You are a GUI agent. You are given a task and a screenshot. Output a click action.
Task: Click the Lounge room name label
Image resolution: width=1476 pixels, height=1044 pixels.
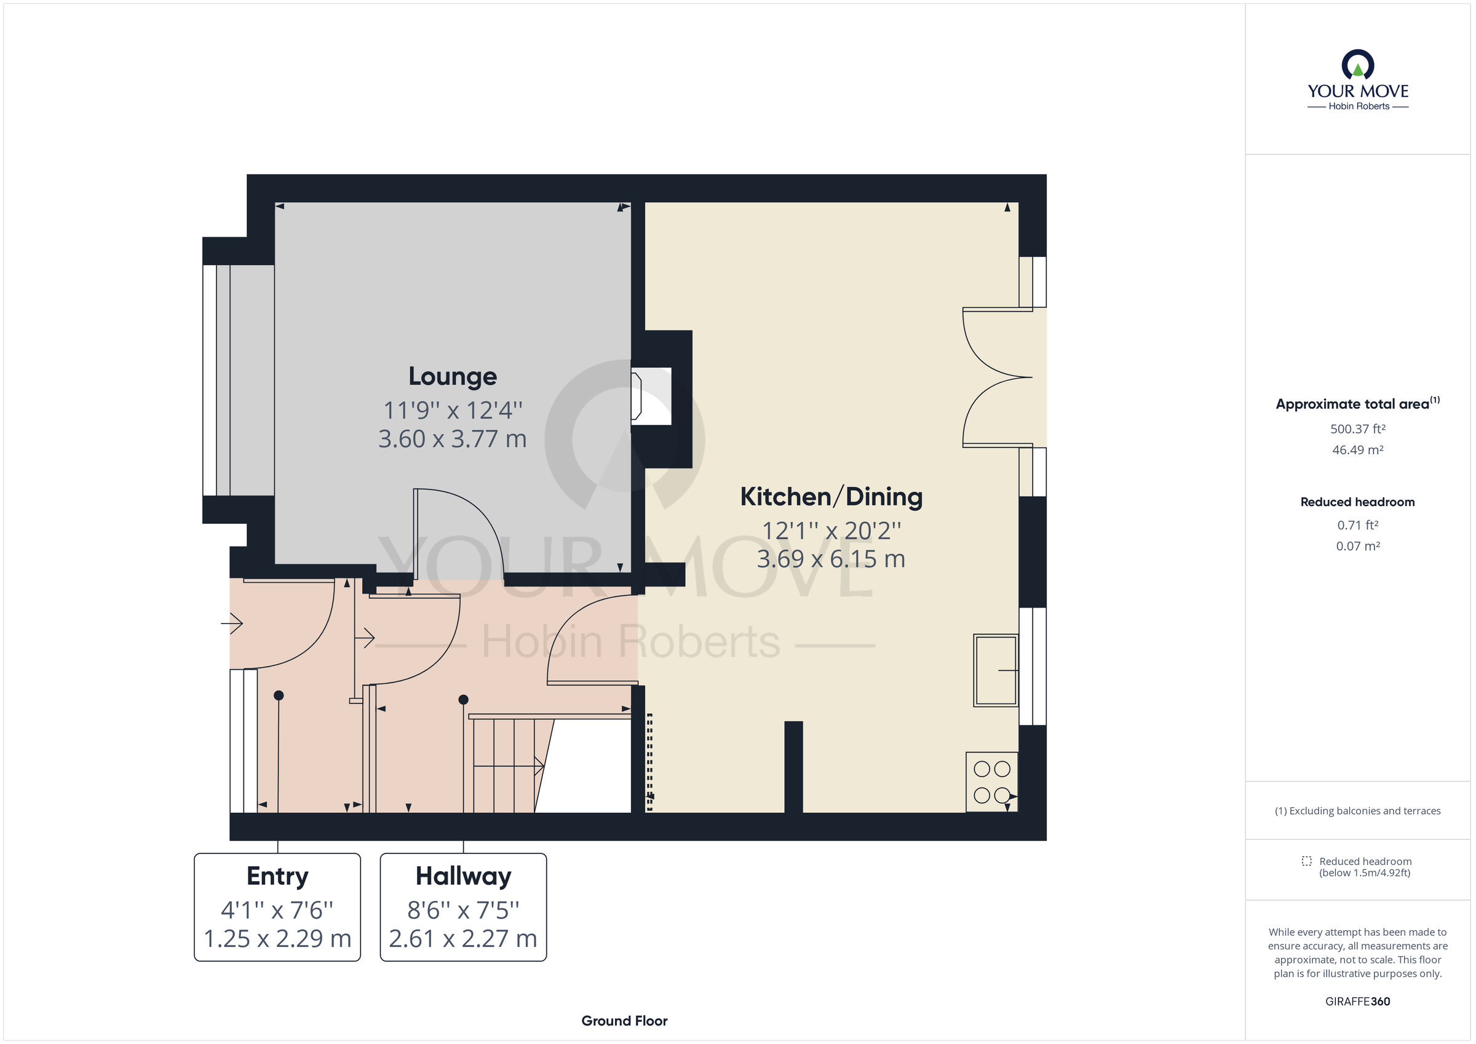click(x=453, y=377)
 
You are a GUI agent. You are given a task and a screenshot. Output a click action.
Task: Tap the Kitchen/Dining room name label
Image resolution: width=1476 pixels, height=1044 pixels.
click(x=831, y=497)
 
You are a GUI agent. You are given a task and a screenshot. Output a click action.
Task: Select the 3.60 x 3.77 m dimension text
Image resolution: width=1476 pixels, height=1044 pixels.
click(x=453, y=439)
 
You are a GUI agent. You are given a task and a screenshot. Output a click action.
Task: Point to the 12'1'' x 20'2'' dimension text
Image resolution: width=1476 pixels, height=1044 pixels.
click(x=831, y=531)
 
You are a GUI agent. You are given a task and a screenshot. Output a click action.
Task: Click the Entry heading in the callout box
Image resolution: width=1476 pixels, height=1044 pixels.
click(x=277, y=876)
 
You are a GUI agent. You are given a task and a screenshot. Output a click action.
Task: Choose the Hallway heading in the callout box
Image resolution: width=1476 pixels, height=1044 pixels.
click(x=463, y=876)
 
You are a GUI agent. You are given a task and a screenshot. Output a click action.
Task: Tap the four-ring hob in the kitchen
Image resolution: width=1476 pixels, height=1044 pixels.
click(x=991, y=781)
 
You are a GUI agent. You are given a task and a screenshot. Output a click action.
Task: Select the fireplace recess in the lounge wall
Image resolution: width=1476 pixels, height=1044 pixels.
click(x=652, y=396)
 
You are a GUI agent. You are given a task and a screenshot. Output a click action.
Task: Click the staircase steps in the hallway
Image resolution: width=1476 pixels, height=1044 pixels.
click(x=505, y=765)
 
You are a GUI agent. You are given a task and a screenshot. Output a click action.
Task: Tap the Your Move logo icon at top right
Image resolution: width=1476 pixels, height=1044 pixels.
click(x=1358, y=66)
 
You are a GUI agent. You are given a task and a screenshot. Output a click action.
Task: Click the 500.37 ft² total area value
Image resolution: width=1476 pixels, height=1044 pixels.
click(x=1358, y=429)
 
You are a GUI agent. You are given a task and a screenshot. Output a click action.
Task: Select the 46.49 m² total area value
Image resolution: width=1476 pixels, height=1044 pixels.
click(x=1358, y=450)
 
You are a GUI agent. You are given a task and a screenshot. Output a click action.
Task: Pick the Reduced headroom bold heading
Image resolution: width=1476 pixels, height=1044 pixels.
click(x=1357, y=502)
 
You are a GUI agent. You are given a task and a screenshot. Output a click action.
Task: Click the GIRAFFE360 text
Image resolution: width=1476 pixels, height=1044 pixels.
click(x=1357, y=1002)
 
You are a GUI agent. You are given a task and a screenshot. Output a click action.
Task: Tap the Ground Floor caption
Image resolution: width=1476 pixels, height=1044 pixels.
click(x=624, y=1021)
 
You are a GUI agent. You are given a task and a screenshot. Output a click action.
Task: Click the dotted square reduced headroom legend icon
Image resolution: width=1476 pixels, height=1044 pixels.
click(x=1306, y=861)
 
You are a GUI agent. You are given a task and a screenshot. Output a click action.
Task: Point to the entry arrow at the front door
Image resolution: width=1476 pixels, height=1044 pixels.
click(x=232, y=623)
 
